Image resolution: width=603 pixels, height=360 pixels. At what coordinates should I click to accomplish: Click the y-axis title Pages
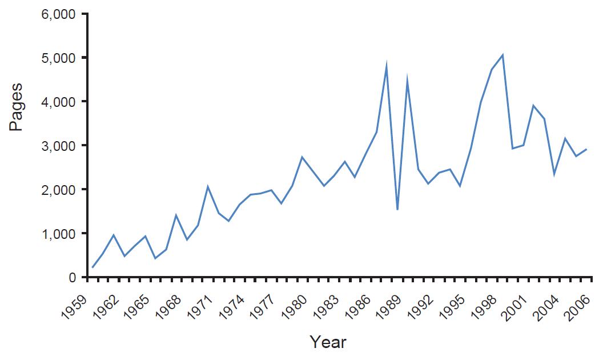click(17, 108)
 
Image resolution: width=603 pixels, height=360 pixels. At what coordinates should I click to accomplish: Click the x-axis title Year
click(328, 342)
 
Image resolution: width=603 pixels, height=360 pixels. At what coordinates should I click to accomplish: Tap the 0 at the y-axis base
click(73, 278)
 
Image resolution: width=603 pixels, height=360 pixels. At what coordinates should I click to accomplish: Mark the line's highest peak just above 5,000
click(502, 55)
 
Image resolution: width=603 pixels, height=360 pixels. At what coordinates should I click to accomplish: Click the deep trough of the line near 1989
click(397, 210)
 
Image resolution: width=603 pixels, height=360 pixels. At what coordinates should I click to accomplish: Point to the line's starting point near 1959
click(93, 267)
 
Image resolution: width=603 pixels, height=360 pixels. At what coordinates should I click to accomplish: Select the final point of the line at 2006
click(586, 149)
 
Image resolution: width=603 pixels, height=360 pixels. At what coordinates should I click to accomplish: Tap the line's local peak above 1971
click(208, 186)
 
